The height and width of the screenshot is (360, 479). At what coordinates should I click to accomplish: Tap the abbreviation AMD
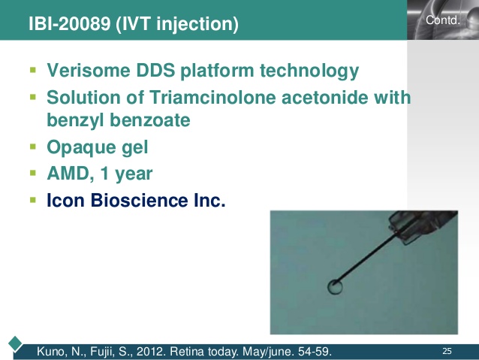coord(66,174)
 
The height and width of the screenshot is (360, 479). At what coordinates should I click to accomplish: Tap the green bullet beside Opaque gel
coord(32,147)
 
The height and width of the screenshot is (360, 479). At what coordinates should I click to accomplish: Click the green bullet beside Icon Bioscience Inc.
coord(32,200)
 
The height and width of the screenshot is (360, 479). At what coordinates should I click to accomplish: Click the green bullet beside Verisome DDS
coord(32,71)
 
